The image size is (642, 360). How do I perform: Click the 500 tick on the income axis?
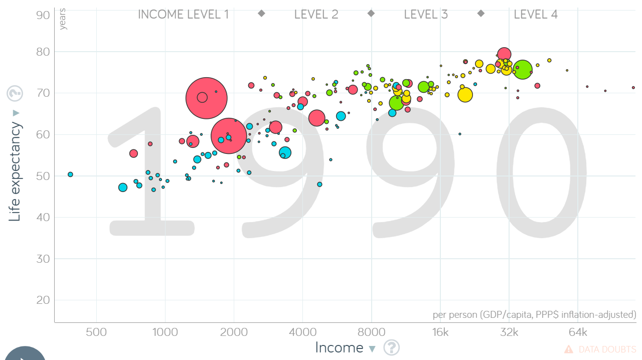tap(96, 333)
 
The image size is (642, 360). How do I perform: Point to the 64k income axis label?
tap(578, 333)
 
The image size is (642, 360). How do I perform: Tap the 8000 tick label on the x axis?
tap(372, 333)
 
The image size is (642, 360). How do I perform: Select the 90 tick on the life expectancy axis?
tap(43, 15)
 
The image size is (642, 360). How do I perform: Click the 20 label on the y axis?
tap(43, 300)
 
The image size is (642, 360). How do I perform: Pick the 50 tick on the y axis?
tap(43, 176)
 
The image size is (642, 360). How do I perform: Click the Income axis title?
tap(339, 347)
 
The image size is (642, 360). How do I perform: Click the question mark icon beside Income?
tap(392, 347)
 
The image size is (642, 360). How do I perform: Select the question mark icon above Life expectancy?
tap(15, 93)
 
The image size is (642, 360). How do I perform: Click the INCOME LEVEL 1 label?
tap(183, 15)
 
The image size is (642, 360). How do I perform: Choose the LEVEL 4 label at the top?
tap(536, 15)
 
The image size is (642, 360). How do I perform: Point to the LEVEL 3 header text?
tap(426, 15)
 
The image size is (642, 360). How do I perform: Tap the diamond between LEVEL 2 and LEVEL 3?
tap(371, 14)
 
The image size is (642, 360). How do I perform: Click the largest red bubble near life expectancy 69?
tap(206, 98)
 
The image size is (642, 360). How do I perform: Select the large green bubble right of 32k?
tap(522, 70)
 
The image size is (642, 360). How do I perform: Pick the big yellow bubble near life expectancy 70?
tap(465, 94)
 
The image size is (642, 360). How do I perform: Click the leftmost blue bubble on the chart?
tap(70, 174)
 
